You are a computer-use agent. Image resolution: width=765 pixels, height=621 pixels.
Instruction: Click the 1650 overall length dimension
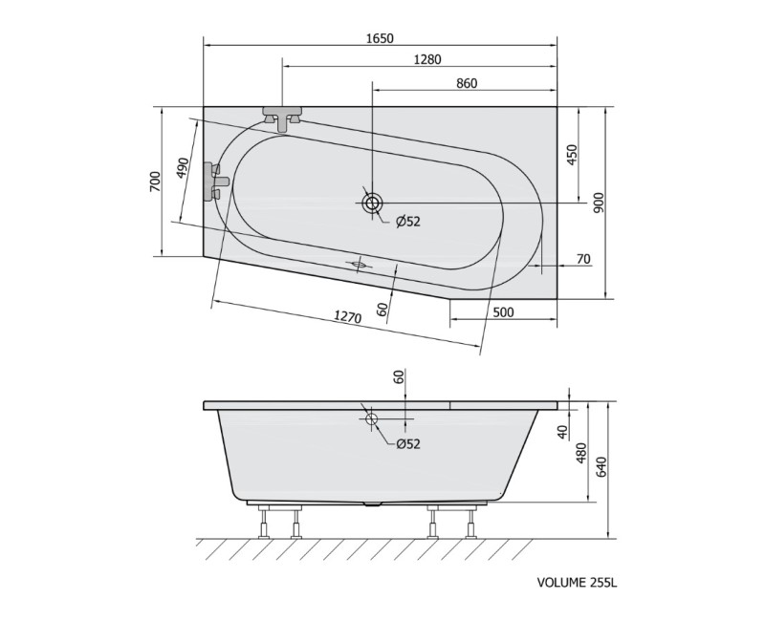(x=380, y=38)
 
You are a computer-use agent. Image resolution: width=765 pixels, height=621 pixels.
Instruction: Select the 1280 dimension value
(x=426, y=59)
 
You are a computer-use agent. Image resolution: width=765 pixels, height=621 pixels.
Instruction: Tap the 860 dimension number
(x=467, y=83)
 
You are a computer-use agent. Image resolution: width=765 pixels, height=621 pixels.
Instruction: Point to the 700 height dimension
(x=155, y=181)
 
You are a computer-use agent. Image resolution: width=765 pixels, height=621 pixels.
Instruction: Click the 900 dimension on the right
(x=600, y=203)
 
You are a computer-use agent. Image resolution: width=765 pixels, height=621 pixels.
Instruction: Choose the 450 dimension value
(x=572, y=155)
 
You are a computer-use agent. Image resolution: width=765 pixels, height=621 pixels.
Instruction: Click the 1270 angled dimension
(x=347, y=317)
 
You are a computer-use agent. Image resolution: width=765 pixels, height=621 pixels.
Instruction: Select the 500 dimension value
(x=503, y=312)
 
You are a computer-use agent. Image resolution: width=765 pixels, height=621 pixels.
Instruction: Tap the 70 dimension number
(x=583, y=259)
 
